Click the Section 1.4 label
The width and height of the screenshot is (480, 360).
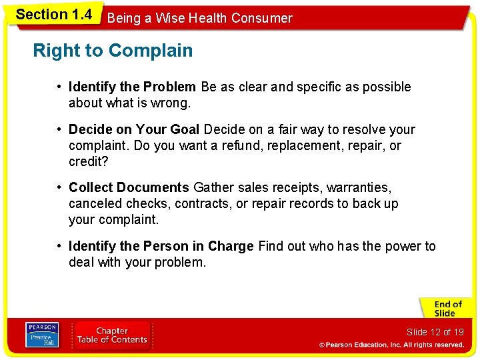53,15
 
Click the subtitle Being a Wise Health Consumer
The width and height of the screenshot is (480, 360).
199,18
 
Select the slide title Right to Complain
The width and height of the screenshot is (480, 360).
113,51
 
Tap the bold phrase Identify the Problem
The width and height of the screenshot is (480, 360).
132,87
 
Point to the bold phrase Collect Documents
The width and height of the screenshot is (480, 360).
129,188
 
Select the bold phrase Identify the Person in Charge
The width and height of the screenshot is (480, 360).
161,246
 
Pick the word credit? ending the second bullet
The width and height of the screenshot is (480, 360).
89,161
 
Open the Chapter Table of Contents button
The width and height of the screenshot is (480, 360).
112,335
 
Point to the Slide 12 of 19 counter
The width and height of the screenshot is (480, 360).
435,332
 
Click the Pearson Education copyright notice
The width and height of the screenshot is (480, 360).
391,345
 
